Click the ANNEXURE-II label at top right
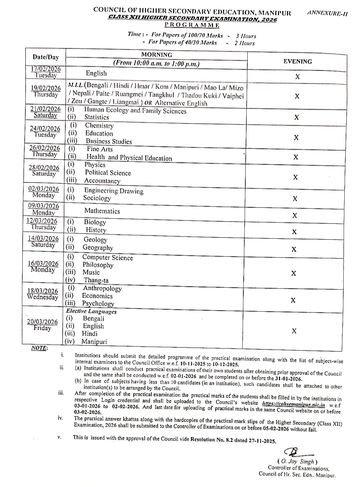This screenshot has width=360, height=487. [327, 14]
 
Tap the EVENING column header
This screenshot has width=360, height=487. [298, 61]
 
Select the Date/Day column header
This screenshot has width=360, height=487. [46, 57]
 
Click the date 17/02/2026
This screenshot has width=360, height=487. [46, 69]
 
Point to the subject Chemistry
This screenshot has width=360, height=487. [99, 126]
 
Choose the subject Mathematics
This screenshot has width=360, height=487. [102, 211]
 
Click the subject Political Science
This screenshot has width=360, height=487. [108, 173]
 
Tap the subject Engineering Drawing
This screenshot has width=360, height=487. [114, 191]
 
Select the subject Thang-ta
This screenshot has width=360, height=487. [96, 280]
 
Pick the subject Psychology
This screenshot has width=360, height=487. [98, 303]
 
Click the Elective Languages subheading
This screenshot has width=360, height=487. [91, 311]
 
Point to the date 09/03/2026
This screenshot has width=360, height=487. [43, 206]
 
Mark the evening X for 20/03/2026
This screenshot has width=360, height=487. [294, 331]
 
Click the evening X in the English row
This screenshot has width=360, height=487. [298, 77]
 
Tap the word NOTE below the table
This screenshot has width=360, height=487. [39, 348]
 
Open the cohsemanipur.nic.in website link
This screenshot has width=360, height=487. [294, 404]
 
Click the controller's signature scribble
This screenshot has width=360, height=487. [296, 452]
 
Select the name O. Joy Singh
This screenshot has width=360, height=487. [297, 461]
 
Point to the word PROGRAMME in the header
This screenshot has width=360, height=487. [192, 25]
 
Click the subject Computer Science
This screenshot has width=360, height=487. [107, 257]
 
